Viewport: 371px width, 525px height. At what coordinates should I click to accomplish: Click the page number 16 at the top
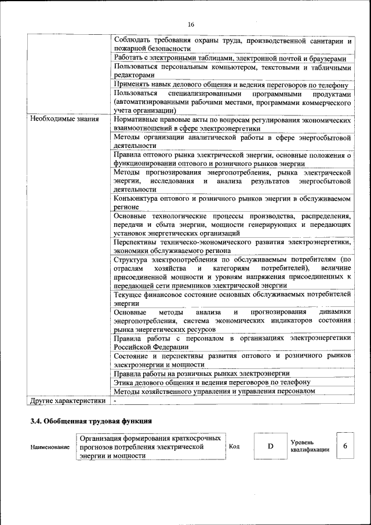(191, 24)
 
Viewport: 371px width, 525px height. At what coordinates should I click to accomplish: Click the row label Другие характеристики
(68, 400)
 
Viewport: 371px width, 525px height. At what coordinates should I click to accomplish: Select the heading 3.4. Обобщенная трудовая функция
(91, 421)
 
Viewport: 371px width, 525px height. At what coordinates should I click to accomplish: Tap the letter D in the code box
(270, 447)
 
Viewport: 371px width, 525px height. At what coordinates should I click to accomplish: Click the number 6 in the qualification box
(345, 446)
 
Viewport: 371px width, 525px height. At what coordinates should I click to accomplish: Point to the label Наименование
(50, 447)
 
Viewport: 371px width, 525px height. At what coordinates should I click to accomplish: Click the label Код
(234, 447)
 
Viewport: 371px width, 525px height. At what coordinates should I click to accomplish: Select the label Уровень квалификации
(310, 446)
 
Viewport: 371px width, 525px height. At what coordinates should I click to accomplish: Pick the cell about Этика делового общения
(212, 382)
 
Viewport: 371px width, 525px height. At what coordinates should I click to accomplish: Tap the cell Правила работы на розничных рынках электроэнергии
(202, 374)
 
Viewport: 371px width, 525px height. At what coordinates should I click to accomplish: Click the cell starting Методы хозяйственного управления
(214, 391)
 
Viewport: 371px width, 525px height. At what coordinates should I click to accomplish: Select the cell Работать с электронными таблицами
(230, 59)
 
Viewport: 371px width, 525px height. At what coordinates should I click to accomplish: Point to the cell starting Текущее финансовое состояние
(232, 298)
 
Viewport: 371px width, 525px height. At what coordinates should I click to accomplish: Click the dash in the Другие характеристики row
(115, 400)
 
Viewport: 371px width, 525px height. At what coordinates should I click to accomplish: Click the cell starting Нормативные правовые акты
(232, 124)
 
